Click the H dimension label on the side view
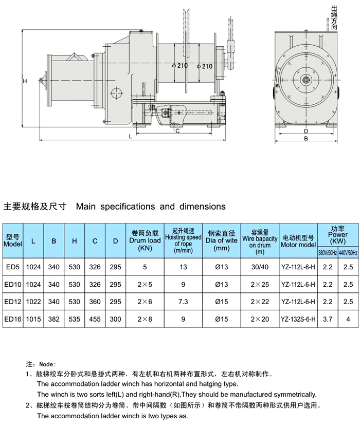[x=25, y=81]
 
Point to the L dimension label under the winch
[x=130, y=136]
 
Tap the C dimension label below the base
[x=177, y=131]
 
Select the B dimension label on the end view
[x=306, y=139]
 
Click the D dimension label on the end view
[x=306, y=131]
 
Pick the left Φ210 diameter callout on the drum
[x=180, y=66]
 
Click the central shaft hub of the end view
[x=306, y=80]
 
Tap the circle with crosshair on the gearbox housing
[x=117, y=94]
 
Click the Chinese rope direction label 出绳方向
[x=334, y=17]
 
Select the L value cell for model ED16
[x=33, y=319]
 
